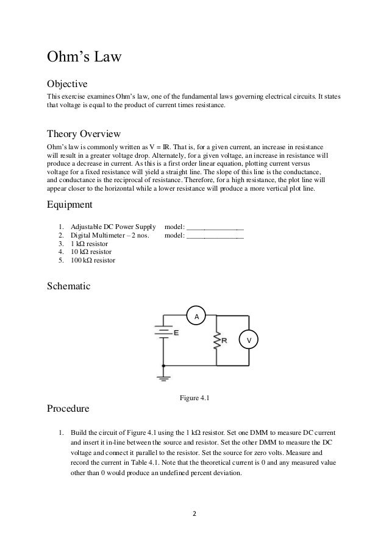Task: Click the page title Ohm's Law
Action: (x=85, y=58)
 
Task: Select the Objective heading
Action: (x=68, y=83)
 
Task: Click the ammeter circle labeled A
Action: (x=196, y=317)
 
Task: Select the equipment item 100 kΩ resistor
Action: (x=93, y=260)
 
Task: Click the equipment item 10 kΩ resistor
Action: (x=91, y=252)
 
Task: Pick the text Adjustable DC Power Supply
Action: (x=109, y=226)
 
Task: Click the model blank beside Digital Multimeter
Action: (x=215, y=235)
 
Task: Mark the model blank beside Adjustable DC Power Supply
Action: (x=215, y=227)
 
